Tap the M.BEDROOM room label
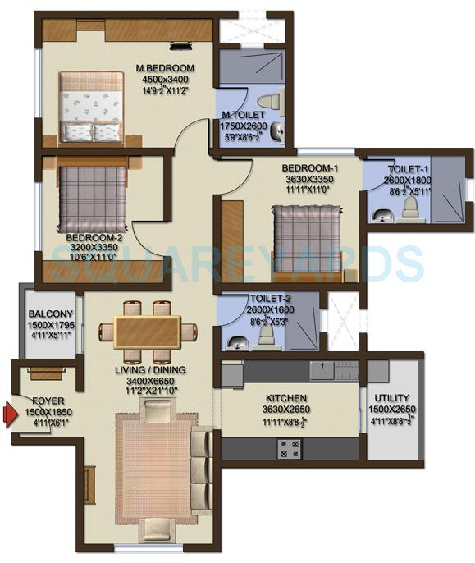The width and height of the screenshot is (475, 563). pos(165,67)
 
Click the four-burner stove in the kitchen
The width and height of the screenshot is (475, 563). pos(289,447)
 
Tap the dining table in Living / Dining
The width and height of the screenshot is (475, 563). pos(148,332)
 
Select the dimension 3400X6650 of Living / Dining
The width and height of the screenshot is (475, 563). pos(148,381)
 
